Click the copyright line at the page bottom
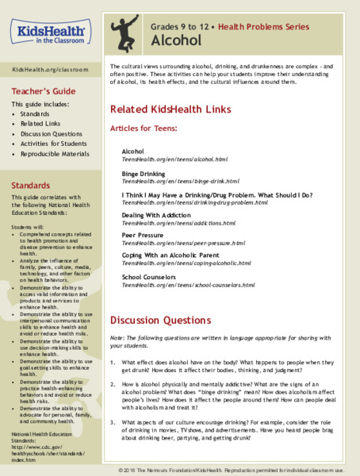tap(236, 470)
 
